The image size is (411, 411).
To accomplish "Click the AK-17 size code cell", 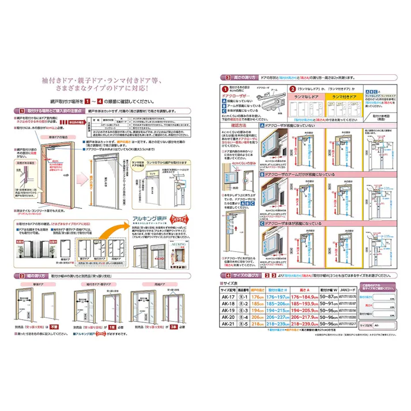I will tap(229, 297).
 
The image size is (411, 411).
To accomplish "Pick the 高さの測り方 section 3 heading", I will tap(242, 77).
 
